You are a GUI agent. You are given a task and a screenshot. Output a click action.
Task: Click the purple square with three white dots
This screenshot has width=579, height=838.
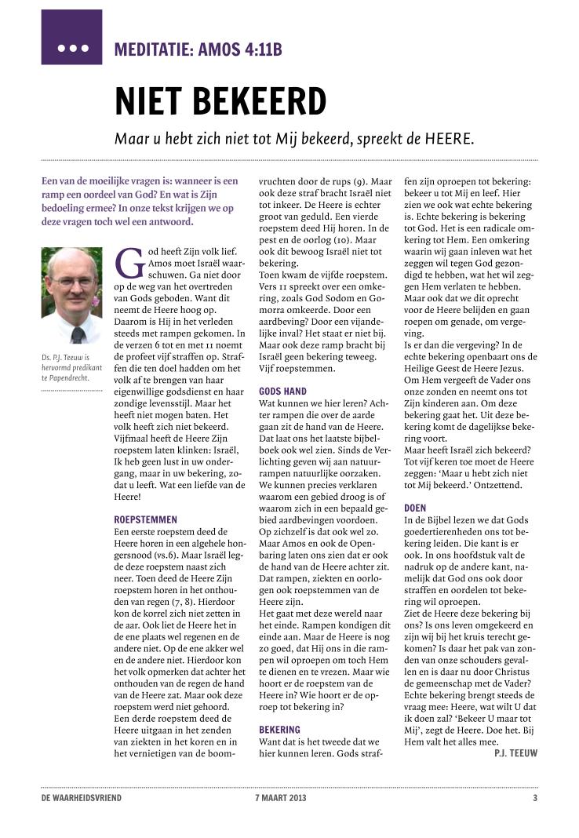pos(71,37)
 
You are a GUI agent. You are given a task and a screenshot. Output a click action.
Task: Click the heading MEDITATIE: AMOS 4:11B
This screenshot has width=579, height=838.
pos(198,50)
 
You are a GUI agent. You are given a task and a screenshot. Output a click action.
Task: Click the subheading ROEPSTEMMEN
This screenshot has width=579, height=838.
pos(146,519)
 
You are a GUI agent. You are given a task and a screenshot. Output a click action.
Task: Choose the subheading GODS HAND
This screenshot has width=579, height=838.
pos(282,391)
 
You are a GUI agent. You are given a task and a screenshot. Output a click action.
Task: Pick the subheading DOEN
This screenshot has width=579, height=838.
pos(415,508)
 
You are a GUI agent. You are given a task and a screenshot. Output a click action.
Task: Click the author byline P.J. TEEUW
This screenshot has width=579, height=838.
pos(515,752)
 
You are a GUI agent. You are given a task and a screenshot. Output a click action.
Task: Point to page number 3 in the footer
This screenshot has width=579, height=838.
pos(534,799)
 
